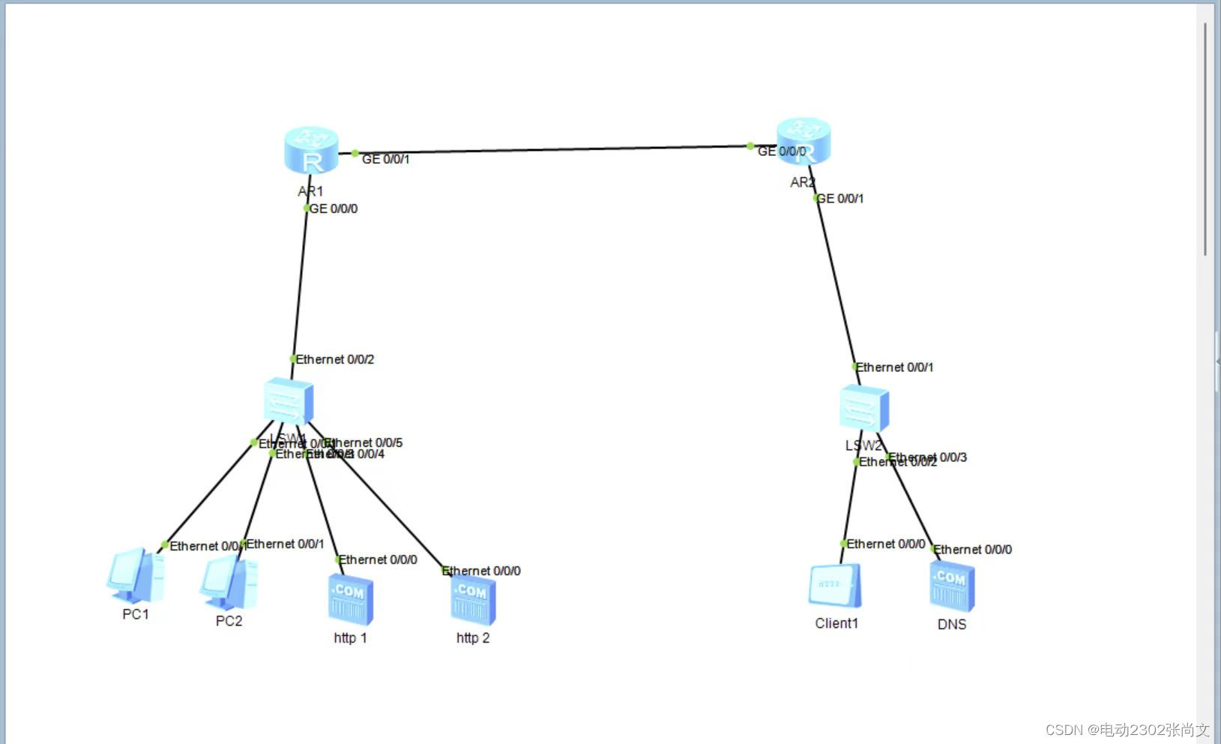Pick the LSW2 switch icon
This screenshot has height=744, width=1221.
863,409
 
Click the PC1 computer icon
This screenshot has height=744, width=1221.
135,576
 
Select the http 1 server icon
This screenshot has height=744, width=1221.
350,598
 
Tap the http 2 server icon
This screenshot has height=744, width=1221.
473,600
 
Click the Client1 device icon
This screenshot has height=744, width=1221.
835,586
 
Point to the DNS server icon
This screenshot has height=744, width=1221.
952,587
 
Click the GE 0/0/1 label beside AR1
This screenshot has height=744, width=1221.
386,159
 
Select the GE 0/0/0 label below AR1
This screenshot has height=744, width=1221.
334,208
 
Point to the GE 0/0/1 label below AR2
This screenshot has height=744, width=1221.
840,199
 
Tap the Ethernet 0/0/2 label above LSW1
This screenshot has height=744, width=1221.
335,359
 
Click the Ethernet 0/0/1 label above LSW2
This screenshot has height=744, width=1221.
895,367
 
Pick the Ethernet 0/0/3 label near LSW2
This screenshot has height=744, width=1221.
929,457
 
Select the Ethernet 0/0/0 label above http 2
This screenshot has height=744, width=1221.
482,571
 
